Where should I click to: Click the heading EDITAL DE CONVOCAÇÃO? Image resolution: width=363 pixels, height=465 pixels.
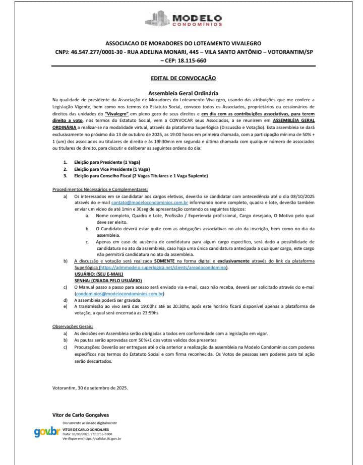(x=183, y=79)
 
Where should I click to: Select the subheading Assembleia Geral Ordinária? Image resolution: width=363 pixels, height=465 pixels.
(x=183, y=93)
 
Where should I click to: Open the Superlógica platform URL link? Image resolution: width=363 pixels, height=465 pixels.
(x=160, y=267)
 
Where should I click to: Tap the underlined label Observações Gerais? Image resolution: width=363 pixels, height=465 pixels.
(x=73, y=326)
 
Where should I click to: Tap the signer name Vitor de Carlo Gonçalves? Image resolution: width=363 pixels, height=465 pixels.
(x=81, y=415)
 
